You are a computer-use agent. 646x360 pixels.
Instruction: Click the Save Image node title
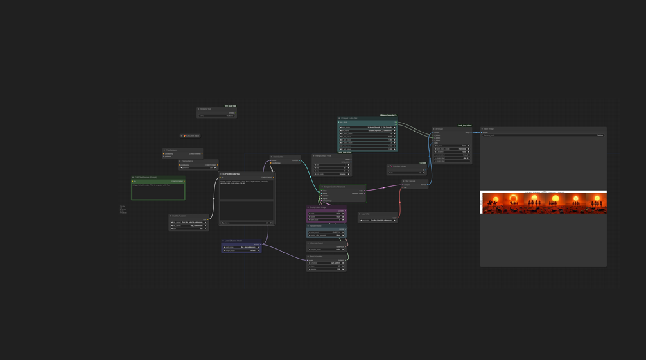coord(490,129)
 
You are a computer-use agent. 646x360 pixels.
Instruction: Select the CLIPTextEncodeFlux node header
coord(231,174)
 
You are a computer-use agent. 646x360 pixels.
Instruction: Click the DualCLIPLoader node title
coord(179,216)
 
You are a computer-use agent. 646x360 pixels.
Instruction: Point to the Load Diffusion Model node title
coord(234,241)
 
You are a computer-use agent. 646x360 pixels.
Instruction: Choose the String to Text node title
coord(206,109)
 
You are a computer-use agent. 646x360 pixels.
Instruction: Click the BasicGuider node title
coord(278,157)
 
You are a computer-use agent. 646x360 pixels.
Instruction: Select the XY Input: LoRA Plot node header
coord(350,119)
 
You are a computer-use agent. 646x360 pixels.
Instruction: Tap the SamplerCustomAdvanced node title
coord(335,187)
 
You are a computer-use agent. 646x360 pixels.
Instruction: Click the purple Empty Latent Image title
coord(319,207)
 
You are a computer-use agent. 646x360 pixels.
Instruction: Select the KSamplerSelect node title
coord(317,243)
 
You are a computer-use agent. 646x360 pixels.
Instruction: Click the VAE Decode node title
coord(411,181)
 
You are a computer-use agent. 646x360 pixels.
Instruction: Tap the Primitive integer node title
coord(399,166)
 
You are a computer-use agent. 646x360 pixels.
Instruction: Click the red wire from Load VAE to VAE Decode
coord(400,204)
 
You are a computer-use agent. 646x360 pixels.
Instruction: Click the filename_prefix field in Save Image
coord(539,135)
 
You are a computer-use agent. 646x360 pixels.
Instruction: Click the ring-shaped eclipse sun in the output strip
coord(513,198)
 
